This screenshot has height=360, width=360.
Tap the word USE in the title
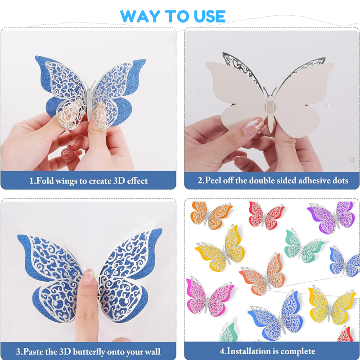(x=210, y=17)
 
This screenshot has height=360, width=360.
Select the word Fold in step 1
(x=45, y=181)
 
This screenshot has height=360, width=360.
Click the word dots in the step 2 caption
(x=341, y=180)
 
